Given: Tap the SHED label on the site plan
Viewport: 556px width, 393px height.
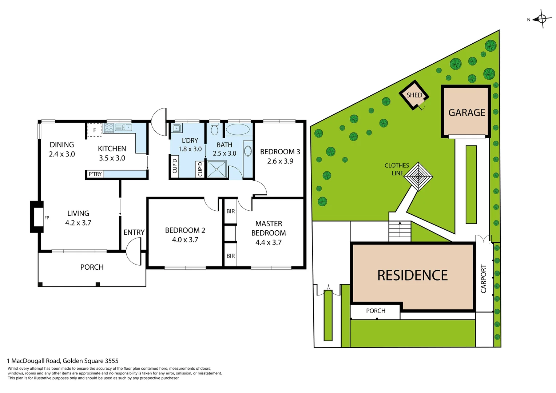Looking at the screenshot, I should click(x=414, y=95).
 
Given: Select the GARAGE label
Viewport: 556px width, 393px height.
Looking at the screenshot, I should click(x=466, y=112).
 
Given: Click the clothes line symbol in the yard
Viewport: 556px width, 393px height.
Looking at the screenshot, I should click(x=418, y=176).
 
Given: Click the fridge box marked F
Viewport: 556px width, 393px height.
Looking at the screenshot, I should click(x=95, y=130).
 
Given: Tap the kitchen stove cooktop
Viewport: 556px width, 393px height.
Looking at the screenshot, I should click(x=109, y=127).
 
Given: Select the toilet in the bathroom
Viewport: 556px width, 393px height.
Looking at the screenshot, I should click(x=214, y=129).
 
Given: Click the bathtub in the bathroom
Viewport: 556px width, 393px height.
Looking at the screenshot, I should click(x=238, y=130).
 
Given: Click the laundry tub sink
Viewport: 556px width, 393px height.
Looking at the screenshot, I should click(x=177, y=128).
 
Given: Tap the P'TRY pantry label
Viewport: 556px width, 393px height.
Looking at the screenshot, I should click(x=95, y=174).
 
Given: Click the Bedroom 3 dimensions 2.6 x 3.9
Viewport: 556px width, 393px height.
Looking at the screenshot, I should click(x=280, y=161).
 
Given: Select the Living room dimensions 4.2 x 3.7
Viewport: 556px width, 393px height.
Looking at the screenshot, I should click(x=78, y=223).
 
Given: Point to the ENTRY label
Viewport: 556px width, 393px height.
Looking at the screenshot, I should click(x=134, y=232).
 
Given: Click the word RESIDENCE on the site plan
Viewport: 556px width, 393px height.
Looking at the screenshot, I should click(x=412, y=275).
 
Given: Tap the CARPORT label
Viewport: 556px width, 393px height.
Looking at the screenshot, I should click(x=484, y=278).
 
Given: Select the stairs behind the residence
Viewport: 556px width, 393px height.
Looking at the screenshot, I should click(x=400, y=231).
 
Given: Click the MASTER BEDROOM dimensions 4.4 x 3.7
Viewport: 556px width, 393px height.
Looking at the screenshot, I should click(x=269, y=242).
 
